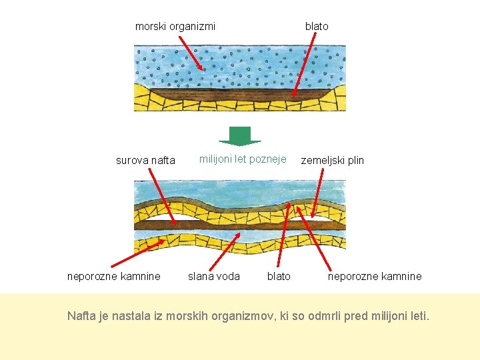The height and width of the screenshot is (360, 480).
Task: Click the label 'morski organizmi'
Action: pyautogui.click(x=175, y=27)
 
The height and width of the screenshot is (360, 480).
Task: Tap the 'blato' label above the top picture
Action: pyautogui.click(x=317, y=27)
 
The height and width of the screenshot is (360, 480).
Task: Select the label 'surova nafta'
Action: pyautogui.click(x=145, y=160)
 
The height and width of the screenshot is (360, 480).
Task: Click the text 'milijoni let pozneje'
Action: pyautogui.click(x=243, y=159)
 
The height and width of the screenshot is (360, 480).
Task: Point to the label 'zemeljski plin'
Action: pyautogui.click(x=333, y=160)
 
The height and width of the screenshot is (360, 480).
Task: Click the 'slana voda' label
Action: pyautogui.click(x=213, y=276)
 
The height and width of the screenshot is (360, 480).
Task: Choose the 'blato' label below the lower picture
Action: pyautogui.click(x=279, y=276)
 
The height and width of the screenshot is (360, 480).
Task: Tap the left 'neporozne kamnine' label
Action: pyautogui.click(x=114, y=276)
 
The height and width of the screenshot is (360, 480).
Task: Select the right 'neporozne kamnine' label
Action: pyautogui.click(x=375, y=276)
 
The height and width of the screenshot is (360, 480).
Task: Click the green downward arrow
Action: pyautogui.click(x=240, y=136)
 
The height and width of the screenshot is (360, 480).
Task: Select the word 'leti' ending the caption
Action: pyautogui.click(x=420, y=315)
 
